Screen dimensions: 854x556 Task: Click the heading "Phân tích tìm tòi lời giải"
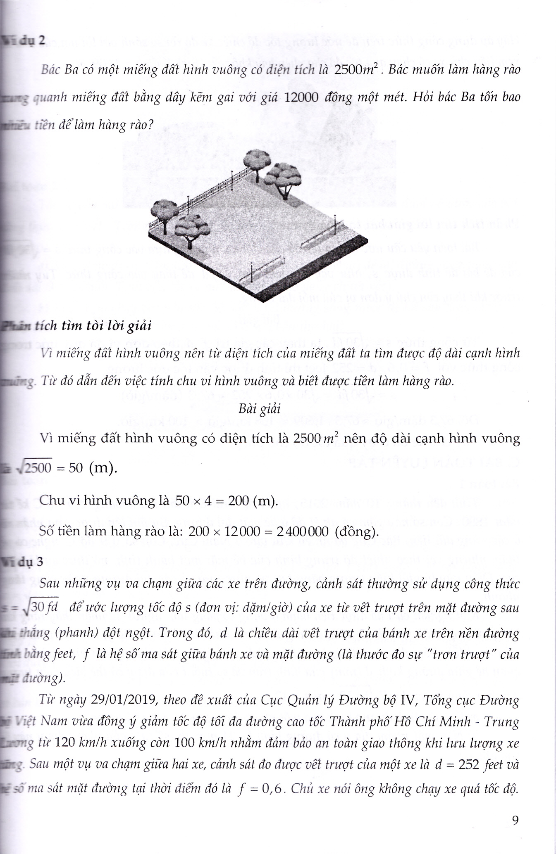[76, 326]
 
